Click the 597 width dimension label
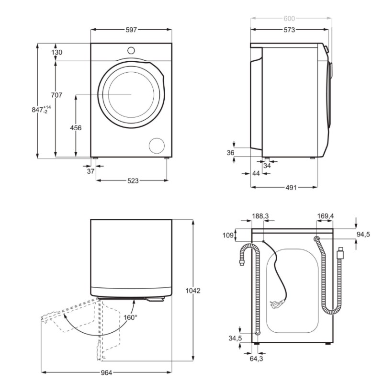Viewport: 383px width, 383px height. click(131, 30)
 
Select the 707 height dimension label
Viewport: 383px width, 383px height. click(56, 95)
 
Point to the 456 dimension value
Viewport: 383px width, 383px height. click(76, 128)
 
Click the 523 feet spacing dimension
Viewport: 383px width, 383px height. click(133, 180)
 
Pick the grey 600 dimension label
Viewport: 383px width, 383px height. click(289, 19)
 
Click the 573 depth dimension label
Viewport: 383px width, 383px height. click(289, 30)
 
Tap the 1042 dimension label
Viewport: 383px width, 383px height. click(192, 291)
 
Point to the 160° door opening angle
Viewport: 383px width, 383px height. click(130, 317)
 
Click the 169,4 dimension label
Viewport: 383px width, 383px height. click(326, 216)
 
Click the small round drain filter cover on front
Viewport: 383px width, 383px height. click(156, 146)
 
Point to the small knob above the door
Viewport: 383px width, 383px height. click(131, 50)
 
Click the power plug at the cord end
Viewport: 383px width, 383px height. click(277, 303)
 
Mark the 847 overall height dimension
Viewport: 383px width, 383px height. click(40, 110)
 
